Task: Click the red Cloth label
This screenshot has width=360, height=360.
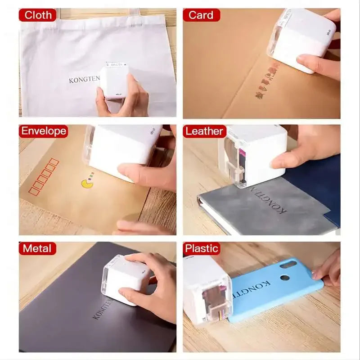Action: (38, 15)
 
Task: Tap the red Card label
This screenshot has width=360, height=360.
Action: (201, 15)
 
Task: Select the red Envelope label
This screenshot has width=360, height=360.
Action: (43, 131)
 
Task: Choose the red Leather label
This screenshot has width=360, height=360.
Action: (204, 131)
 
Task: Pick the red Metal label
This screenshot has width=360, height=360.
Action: (37, 248)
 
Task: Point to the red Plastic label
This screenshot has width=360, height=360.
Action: (202, 248)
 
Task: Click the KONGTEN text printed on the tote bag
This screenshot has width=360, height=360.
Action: (83, 80)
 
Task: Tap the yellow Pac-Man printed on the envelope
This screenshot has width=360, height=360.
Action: (87, 183)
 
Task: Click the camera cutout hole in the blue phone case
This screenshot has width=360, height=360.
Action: (285, 277)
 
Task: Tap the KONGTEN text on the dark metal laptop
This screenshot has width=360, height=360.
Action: (103, 308)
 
